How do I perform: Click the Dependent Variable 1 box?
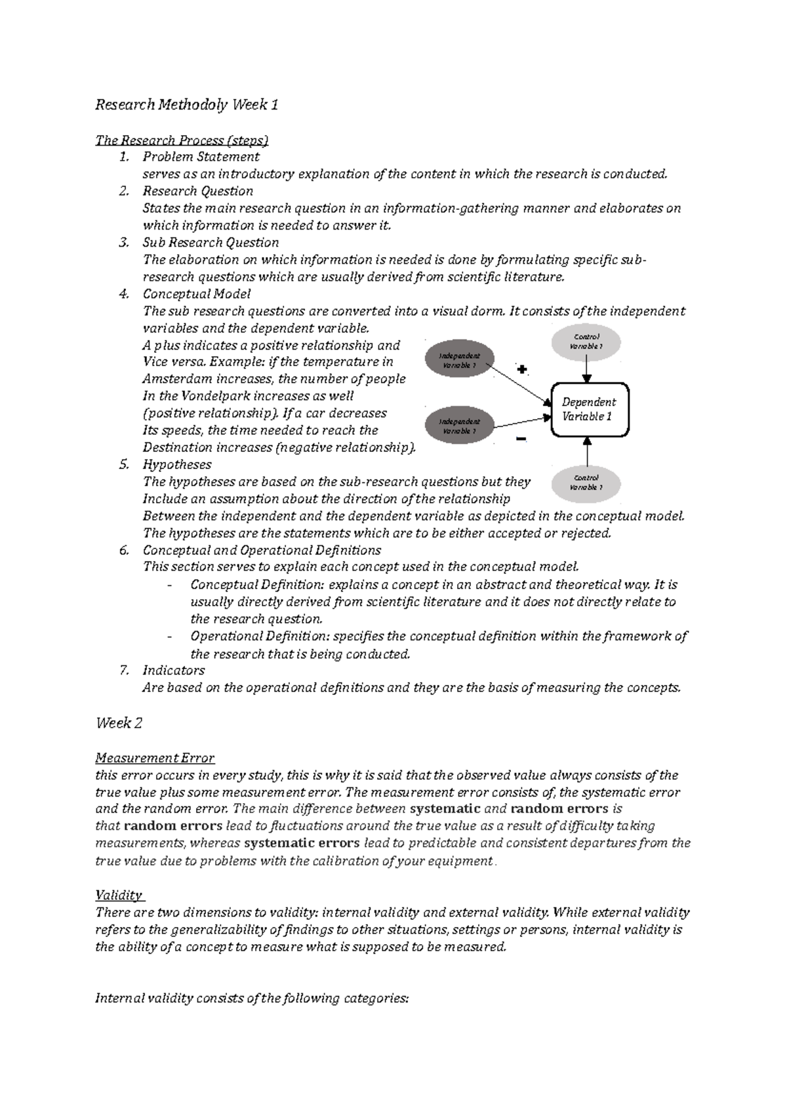(x=589, y=410)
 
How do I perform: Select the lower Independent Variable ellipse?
(x=459, y=426)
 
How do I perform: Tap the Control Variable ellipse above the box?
(x=586, y=341)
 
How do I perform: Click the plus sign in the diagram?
(x=522, y=369)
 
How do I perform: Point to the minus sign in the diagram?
(x=521, y=439)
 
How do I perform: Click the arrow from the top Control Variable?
(x=588, y=371)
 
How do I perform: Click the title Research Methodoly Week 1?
(x=187, y=104)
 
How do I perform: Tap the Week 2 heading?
(x=119, y=723)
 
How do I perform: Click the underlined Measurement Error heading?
(x=155, y=758)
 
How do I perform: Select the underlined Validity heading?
(x=119, y=895)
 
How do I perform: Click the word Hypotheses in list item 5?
(x=177, y=464)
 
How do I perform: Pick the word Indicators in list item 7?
(x=173, y=670)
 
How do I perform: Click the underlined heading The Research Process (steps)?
(x=182, y=140)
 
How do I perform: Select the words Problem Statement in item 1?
(x=201, y=157)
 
